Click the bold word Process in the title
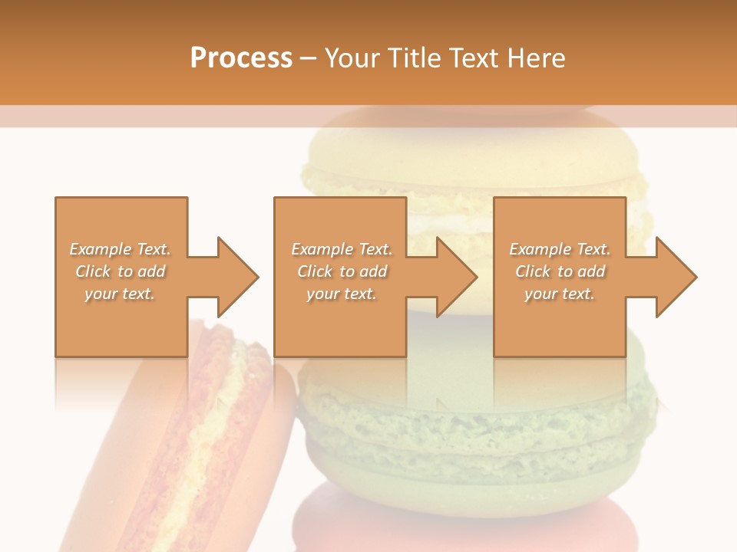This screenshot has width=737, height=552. click(241, 58)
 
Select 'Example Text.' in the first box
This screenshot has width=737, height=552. click(120, 249)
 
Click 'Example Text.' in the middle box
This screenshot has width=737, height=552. click(342, 249)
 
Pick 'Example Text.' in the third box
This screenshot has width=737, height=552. click(560, 249)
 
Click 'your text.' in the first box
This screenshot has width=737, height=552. click(120, 294)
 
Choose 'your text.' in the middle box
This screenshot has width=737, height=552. click(342, 294)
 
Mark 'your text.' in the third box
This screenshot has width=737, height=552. click(560, 294)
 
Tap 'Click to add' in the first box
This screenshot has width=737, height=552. click(120, 271)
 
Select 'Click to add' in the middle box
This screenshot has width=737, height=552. click(342, 271)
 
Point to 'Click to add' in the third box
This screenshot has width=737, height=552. click(560, 271)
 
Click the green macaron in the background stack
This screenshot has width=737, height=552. click(476, 429)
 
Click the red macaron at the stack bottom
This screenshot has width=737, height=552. click(461, 521)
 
